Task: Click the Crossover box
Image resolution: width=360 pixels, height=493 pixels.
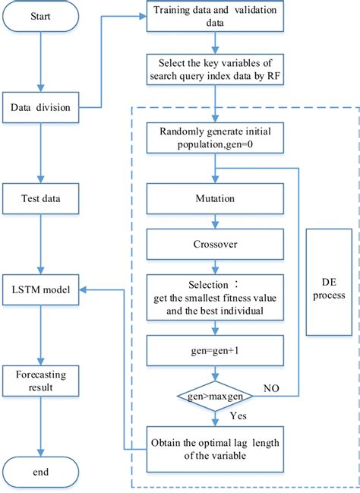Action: click(x=216, y=246)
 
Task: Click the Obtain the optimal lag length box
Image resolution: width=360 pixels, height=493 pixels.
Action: click(x=216, y=448)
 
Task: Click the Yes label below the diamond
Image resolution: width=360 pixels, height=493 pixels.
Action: click(x=238, y=416)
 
